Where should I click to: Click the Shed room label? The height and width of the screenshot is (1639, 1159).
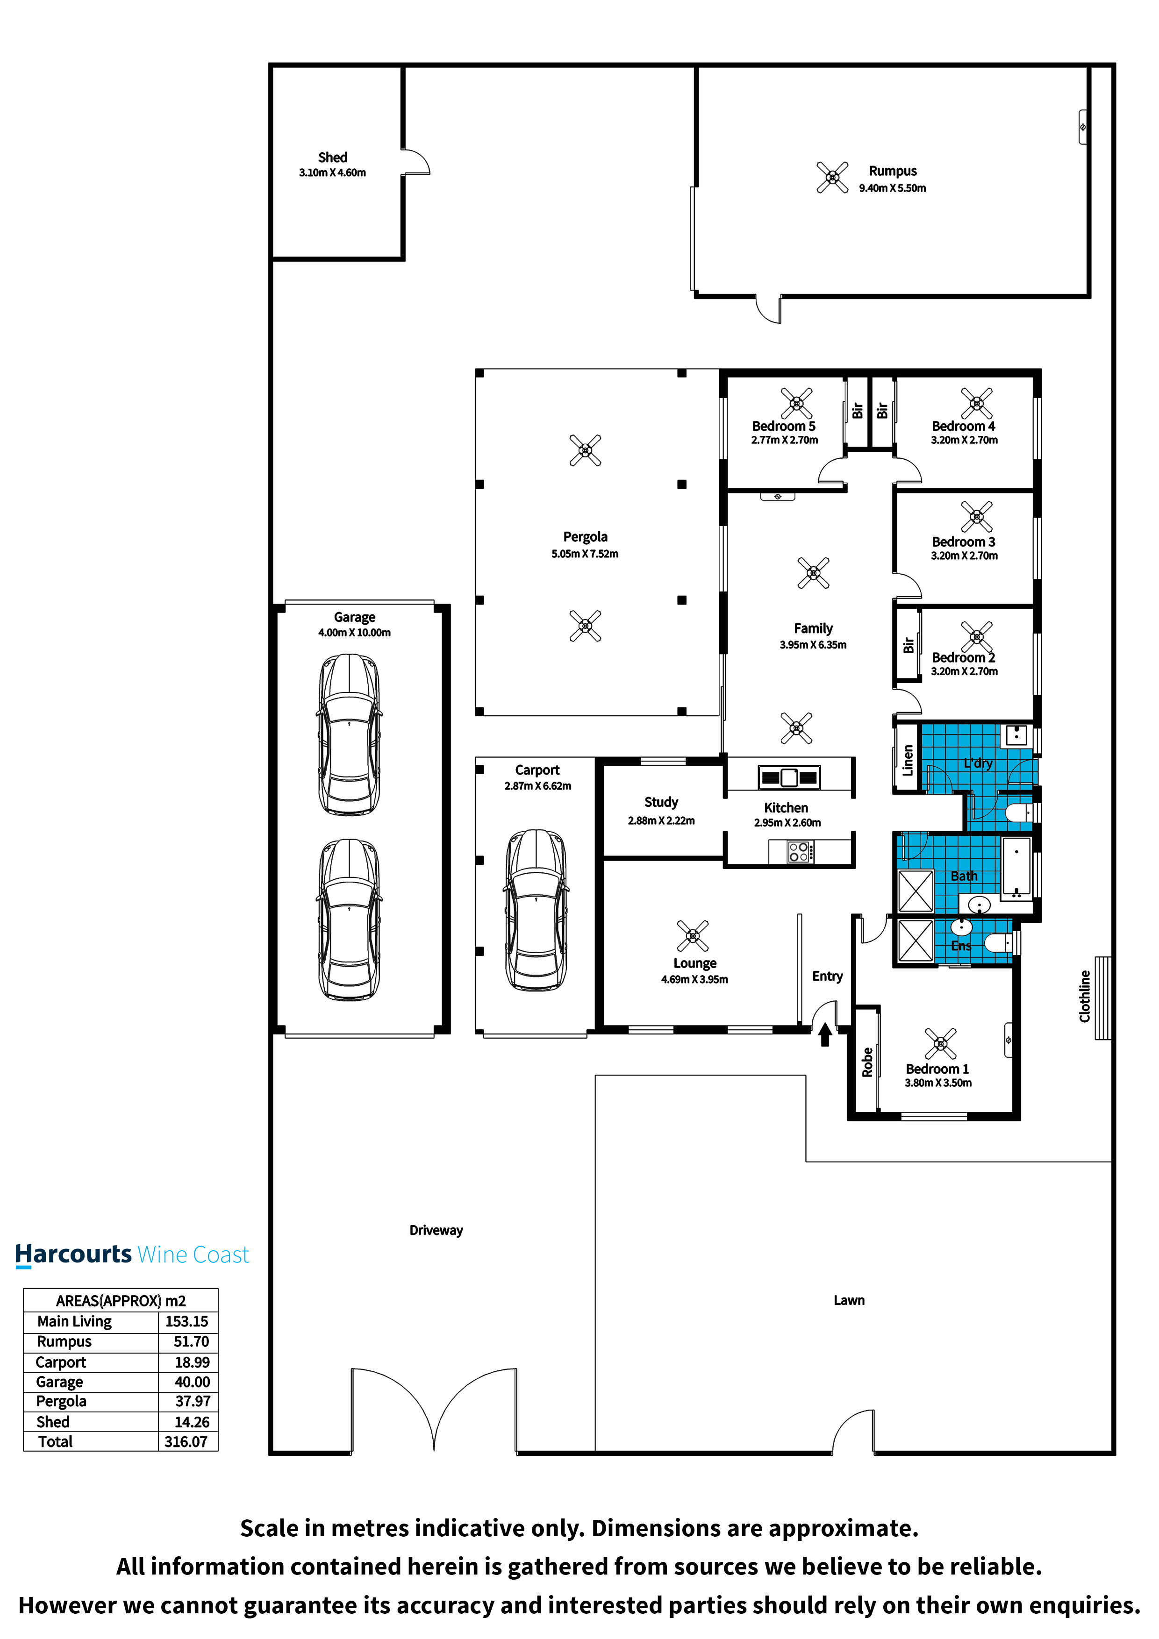[332, 157]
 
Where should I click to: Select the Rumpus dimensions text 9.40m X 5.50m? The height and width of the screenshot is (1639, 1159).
[892, 188]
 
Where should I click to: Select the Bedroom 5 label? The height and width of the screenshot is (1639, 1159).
[783, 426]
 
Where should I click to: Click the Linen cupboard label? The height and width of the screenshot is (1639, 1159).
[908, 760]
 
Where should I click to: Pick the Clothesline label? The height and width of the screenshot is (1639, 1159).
[1085, 996]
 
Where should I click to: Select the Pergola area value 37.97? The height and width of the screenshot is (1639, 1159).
[193, 1401]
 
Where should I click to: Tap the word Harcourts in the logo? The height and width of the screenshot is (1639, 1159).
[73, 1254]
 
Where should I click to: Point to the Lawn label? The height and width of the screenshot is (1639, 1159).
[849, 1300]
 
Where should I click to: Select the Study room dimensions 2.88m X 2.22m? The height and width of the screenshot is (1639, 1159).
[661, 821]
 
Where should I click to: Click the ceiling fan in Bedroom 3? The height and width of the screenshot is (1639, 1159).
[976, 516]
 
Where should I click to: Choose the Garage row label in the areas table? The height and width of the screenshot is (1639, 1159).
[59, 1382]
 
